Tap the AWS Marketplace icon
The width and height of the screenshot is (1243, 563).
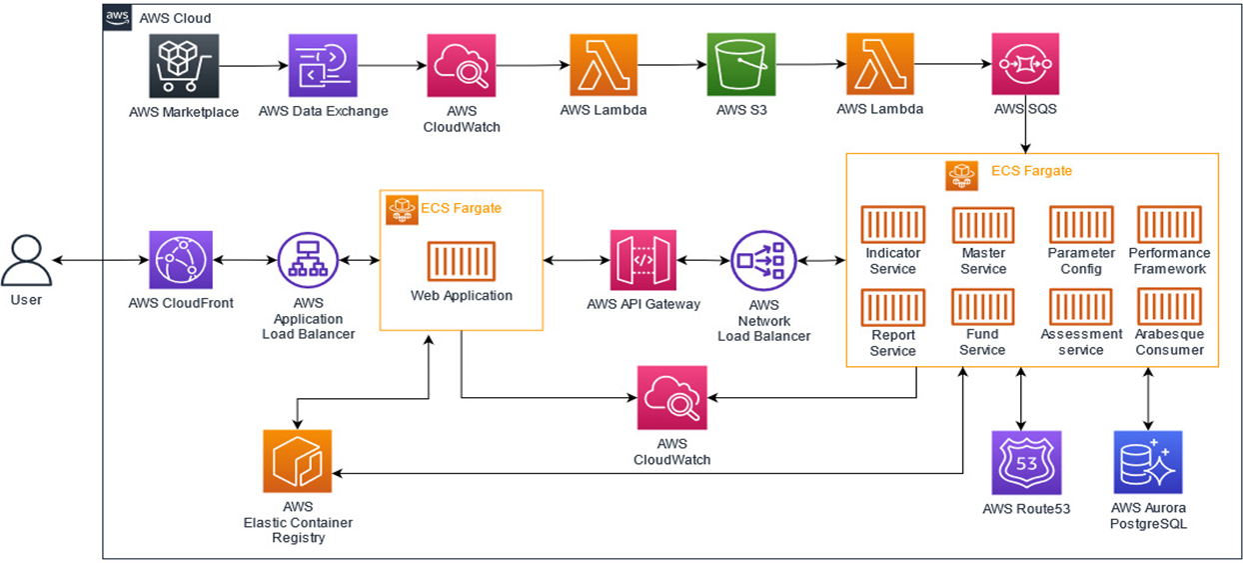pos(184,66)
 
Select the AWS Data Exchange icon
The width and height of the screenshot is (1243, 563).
pos(323,66)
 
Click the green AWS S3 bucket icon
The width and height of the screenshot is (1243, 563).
pos(740,66)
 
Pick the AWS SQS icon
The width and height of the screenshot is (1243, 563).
pos(1025,66)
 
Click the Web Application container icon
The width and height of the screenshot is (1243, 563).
pos(461,262)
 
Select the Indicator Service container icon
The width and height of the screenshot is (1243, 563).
pos(892,225)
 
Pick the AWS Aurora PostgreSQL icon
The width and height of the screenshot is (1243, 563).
pos(1148,463)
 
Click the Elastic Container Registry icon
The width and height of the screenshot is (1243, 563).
pos(297,463)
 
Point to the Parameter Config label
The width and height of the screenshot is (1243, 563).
pos(1081,261)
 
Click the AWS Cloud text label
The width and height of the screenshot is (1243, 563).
pos(175,18)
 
